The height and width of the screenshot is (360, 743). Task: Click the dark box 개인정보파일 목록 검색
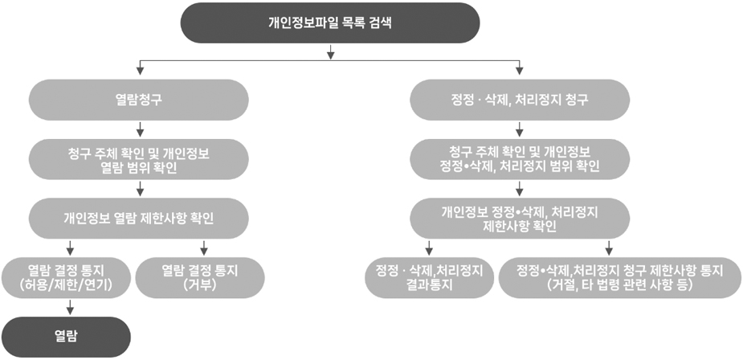point(330,22)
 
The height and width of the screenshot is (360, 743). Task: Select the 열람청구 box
point(139,100)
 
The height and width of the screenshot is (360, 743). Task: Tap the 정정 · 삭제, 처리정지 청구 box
point(520,100)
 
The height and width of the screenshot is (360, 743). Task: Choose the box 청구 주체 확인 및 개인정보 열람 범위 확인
point(139,159)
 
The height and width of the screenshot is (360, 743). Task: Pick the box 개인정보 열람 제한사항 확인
point(139,219)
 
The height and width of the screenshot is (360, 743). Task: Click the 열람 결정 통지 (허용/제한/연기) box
point(70,278)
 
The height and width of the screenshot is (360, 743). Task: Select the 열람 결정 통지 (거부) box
point(200,278)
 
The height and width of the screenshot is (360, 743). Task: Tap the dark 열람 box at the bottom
point(66,337)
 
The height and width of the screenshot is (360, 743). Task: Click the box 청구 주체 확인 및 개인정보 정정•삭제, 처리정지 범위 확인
point(520,159)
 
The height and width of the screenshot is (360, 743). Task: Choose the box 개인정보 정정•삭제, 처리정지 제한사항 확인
point(520,219)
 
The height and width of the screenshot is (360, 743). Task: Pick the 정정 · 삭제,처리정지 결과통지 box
point(429,278)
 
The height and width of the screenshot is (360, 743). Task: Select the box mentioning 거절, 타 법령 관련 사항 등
point(620,278)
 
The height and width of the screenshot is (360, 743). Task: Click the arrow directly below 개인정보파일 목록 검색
point(331,52)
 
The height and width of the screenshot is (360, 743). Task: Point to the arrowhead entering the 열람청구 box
point(139,72)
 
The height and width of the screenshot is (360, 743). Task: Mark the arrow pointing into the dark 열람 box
point(70,307)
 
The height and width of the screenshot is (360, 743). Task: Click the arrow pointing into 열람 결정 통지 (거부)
point(204,247)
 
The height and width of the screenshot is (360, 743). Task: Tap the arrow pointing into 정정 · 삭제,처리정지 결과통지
point(429,247)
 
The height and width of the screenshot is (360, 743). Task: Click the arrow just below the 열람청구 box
point(139,129)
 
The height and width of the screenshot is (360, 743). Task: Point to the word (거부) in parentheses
point(200,285)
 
